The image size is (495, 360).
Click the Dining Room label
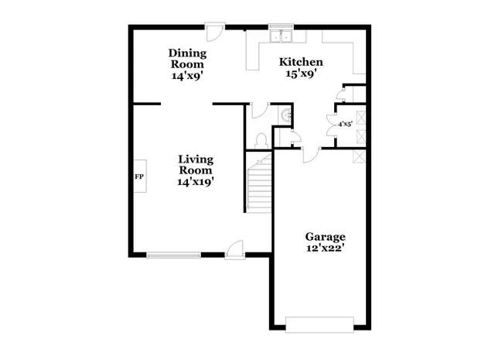[188, 59]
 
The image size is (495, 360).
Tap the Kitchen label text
[301, 62]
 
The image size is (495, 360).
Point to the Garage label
[325, 237]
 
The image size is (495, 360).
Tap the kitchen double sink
[280, 35]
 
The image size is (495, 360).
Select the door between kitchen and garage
[309, 155]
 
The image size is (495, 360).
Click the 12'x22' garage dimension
[325, 249]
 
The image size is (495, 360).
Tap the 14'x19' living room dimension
[196, 182]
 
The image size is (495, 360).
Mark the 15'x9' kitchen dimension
[301, 74]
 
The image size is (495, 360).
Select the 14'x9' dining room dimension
[188, 77]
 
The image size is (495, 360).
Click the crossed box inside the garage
[359, 156]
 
